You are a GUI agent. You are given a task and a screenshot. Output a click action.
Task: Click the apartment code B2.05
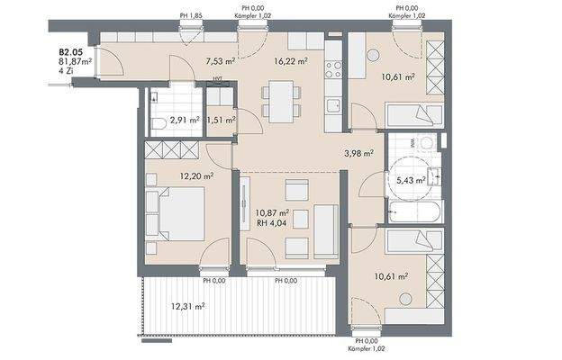pyautogui.click(x=71, y=52)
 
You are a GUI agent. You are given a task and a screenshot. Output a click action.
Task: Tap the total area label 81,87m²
pyautogui.click(x=76, y=61)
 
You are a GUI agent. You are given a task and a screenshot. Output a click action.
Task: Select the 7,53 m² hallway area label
pyautogui.click(x=221, y=61)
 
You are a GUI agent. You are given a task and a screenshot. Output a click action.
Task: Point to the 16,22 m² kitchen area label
pyautogui.click(x=291, y=61)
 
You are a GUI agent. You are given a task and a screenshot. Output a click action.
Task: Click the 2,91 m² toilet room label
pyautogui.click(x=185, y=120)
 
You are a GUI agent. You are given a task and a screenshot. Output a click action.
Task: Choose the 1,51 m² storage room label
pyautogui.click(x=222, y=120)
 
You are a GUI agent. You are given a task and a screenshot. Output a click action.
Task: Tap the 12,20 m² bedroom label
pyautogui.click(x=197, y=175)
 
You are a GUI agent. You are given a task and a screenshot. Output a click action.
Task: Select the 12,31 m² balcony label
pyautogui.click(x=188, y=307)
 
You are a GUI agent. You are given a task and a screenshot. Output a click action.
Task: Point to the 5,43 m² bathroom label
pyautogui.click(x=411, y=180)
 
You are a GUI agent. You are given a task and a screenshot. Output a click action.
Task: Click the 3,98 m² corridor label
pyautogui.click(x=359, y=154)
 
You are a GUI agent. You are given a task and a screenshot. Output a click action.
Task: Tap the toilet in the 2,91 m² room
pyautogui.click(x=159, y=124)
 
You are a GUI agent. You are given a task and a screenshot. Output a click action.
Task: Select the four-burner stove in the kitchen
pyautogui.click(x=333, y=69)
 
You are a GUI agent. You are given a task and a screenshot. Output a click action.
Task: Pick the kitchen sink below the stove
pyautogui.click(x=333, y=105)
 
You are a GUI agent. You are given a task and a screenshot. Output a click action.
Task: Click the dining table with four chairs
pyautogui.click(x=281, y=102)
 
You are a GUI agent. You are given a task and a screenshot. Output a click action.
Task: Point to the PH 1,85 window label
pyautogui.click(x=191, y=16)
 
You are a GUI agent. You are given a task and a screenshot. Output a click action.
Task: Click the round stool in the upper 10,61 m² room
pyautogui.click(x=373, y=55)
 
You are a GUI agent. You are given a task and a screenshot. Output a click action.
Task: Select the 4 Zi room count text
pyautogui.click(x=66, y=70)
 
